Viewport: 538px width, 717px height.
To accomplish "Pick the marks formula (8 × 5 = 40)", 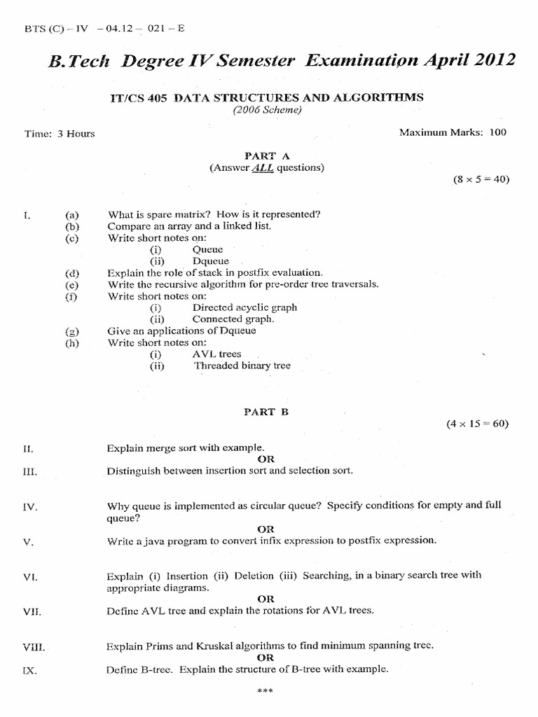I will click(481, 179).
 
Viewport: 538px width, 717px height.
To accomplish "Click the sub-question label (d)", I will click(72, 273).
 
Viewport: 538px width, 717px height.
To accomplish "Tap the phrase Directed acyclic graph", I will click(244, 307).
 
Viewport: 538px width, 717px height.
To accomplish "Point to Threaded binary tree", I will click(242, 366).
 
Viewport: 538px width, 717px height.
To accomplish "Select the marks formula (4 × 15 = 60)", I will click(478, 424).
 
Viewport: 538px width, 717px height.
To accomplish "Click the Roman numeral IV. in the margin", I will click(30, 506).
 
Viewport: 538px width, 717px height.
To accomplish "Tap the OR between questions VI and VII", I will click(265, 599).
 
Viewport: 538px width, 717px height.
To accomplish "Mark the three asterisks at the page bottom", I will click(265, 692).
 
